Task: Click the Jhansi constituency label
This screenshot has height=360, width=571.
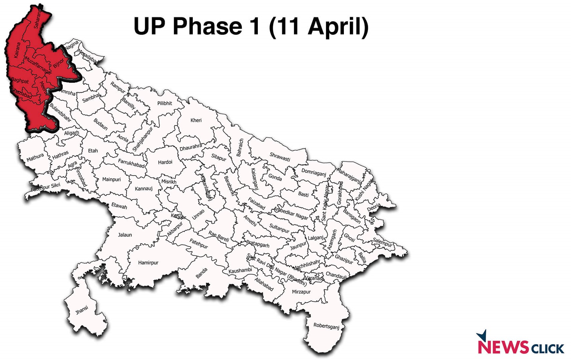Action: pyautogui.click(x=82, y=310)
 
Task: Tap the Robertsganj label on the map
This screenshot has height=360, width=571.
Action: pyautogui.click(x=326, y=326)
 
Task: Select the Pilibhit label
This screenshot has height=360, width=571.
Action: pyautogui.click(x=165, y=103)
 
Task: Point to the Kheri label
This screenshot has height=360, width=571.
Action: pyautogui.click(x=196, y=120)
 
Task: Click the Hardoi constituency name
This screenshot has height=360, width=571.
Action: pyautogui.click(x=165, y=162)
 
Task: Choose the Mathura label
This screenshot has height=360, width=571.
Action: pyautogui.click(x=35, y=157)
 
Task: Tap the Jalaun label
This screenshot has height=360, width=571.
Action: pyautogui.click(x=125, y=235)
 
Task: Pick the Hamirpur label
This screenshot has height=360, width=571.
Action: pyautogui.click(x=148, y=263)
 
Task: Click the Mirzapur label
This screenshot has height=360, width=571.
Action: pyautogui.click(x=301, y=292)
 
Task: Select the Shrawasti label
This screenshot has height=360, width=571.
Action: pyautogui.click(x=280, y=157)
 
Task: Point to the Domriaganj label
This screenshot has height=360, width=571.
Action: pyautogui.click(x=314, y=172)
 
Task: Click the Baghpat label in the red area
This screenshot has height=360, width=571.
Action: pyautogui.click(x=20, y=80)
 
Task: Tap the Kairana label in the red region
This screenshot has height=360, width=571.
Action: pyautogui.click(x=17, y=50)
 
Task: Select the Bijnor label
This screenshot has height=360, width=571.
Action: pyautogui.click(x=58, y=63)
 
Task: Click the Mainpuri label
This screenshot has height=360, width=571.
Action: pyautogui.click(x=111, y=179)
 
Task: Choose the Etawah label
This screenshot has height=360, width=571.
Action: pyautogui.click(x=119, y=206)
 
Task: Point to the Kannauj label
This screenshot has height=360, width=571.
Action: pyautogui.click(x=143, y=189)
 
